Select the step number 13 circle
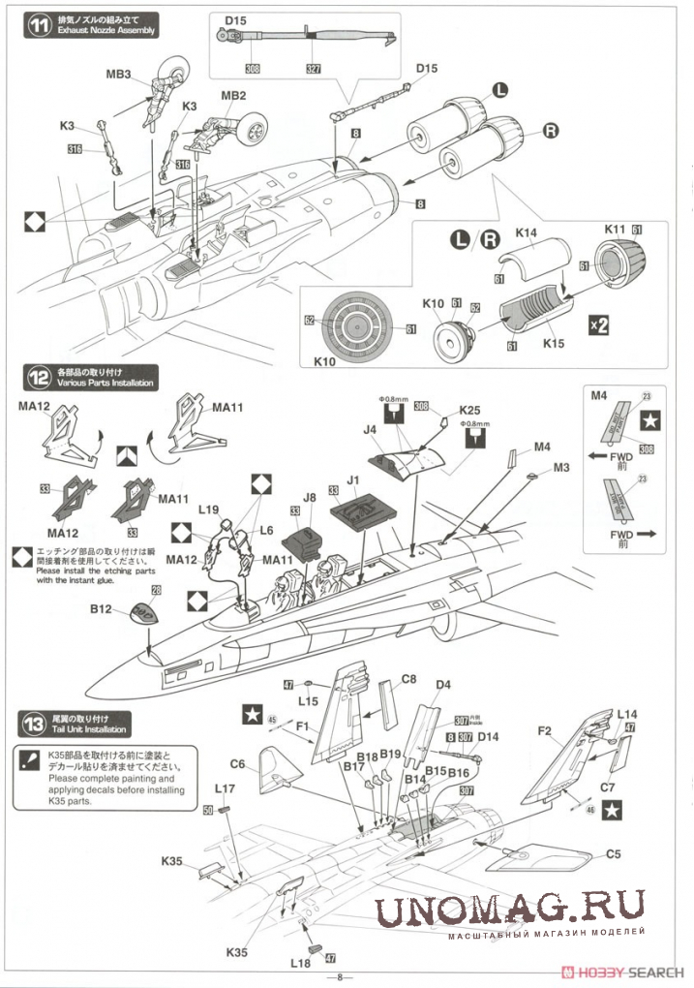click(37, 723)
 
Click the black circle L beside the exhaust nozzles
click(499, 90)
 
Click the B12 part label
click(102, 610)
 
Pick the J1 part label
click(352, 479)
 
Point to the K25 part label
click(471, 410)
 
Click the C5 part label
click(613, 854)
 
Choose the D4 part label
click(442, 686)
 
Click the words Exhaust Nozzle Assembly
click(106, 32)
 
